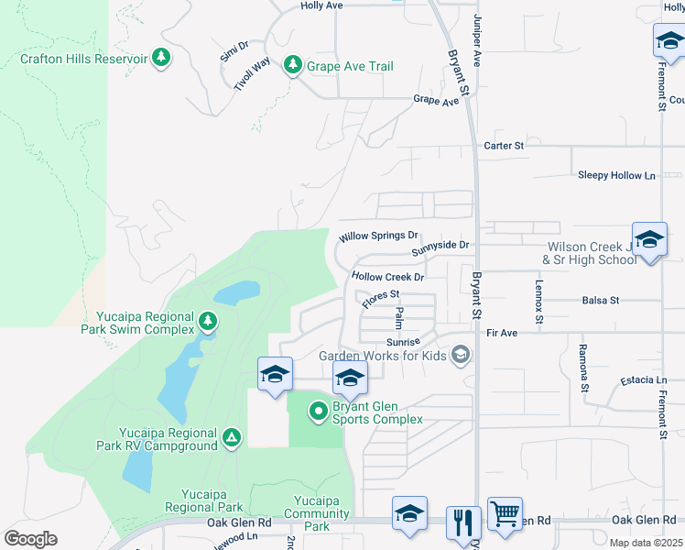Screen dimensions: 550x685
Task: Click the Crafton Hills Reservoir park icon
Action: pyautogui.click(x=161, y=58)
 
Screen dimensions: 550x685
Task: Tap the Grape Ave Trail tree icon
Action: pyautogui.click(x=292, y=66)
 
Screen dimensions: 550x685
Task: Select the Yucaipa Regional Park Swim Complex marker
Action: pyautogui.click(x=209, y=322)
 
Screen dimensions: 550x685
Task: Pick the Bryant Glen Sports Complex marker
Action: pyautogui.click(x=319, y=412)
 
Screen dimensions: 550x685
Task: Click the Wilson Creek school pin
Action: pyautogui.click(x=648, y=241)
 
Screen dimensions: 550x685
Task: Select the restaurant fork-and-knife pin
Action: pyautogui.click(x=463, y=523)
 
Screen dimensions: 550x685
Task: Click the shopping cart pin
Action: pyautogui.click(x=505, y=514)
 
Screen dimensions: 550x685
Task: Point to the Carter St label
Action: pyautogui.click(x=504, y=146)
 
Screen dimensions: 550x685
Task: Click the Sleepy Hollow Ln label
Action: pyautogui.click(x=617, y=175)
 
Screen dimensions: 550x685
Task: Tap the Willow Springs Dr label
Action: pyautogui.click(x=378, y=236)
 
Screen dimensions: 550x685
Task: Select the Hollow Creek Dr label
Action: pyautogui.click(x=388, y=277)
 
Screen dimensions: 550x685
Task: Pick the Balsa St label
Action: pyautogui.click(x=601, y=300)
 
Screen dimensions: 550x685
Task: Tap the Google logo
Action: pyautogui.click(x=30, y=539)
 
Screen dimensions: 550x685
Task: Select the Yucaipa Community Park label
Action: pyautogui.click(x=317, y=520)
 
